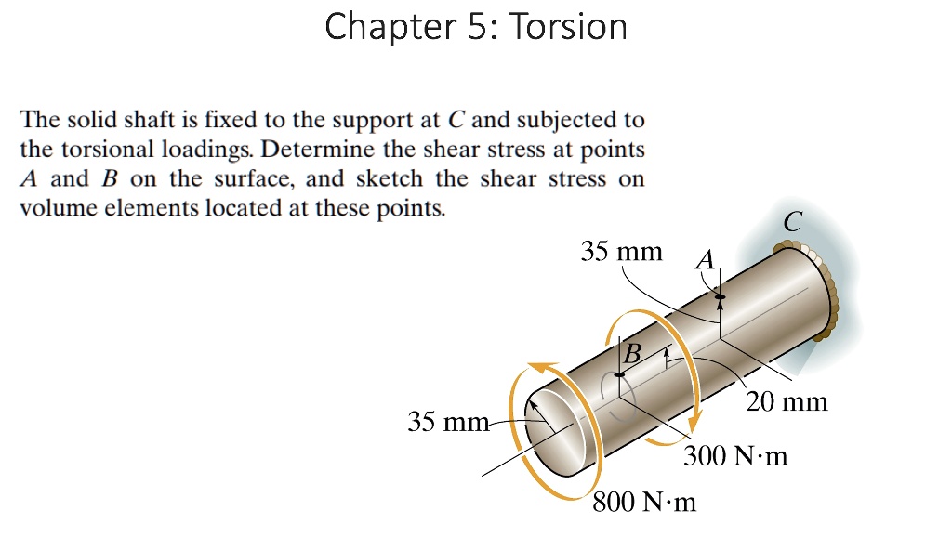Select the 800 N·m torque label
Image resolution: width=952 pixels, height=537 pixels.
pyautogui.click(x=644, y=503)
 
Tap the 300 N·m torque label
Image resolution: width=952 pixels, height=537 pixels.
pyautogui.click(x=735, y=456)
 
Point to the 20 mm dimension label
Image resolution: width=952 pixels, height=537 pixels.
pyautogui.click(x=787, y=402)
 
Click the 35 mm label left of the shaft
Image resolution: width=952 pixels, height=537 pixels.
pyautogui.click(x=448, y=423)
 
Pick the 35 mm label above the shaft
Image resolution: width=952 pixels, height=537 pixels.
pyautogui.click(x=622, y=251)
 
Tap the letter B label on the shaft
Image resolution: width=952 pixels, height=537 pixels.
pyautogui.click(x=632, y=353)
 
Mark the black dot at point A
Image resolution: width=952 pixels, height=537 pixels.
pyautogui.click(x=719, y=296)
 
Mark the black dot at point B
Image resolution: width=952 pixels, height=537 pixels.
pyautogui.click(x=620, y=373)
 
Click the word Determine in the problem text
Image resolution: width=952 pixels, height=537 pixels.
pyautogui.click(x=311, y=150)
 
